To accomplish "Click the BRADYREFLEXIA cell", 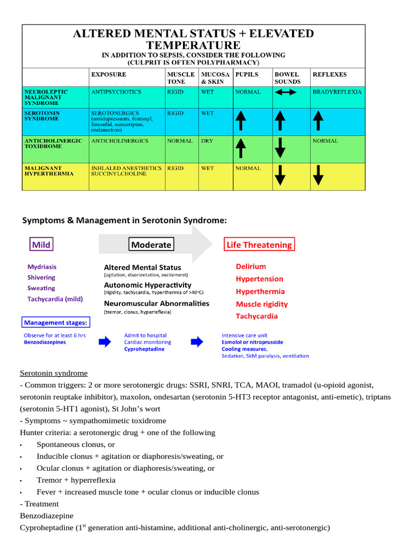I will [x=337, y=92].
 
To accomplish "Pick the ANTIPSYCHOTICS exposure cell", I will [x=116, y=92].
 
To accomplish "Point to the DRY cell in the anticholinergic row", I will [x=207, y=141].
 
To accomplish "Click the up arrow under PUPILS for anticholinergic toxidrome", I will [x=241, y=148].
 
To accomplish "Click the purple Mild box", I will [x=41, y=245].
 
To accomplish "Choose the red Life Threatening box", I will [x=259, y=245].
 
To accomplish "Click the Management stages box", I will [x=55, y=323].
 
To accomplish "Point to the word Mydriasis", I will [x=42, y=267].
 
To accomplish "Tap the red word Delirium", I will [x=251, y=266].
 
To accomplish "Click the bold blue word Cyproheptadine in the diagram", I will [x=144, y=349].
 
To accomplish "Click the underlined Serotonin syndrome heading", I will [x=53, y=373].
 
